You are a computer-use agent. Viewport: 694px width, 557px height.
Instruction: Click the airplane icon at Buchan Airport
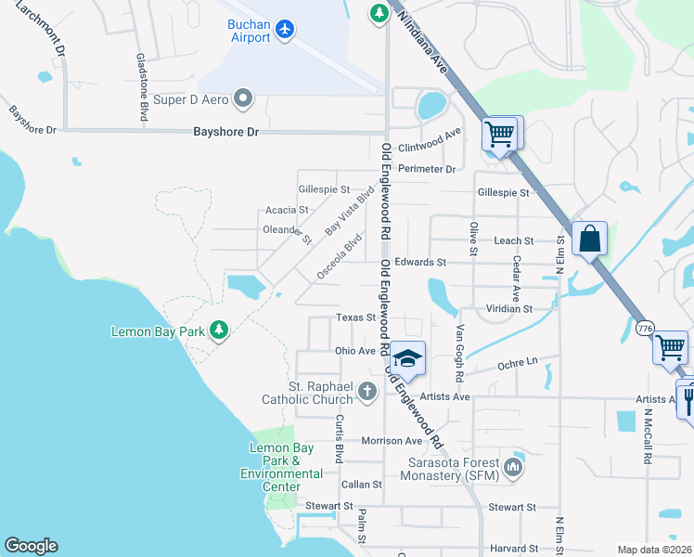pos(285,30)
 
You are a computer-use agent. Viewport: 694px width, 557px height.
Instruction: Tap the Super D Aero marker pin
pos(244,97)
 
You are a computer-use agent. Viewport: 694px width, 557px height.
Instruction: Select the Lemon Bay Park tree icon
pos(218,330)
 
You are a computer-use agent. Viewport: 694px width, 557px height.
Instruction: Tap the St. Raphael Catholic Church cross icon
pos(367,391)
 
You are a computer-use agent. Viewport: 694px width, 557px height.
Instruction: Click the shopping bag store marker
pos(589,239)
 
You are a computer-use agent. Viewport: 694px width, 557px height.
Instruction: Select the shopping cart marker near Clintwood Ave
pos(500,134)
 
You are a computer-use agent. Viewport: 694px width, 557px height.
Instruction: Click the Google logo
pos(31,545)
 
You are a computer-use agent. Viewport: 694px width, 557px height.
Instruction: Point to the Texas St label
pos(354,317)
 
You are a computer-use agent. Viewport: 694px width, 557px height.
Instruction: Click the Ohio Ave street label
pos(354,351)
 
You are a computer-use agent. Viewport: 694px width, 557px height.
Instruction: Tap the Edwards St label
pos(420,263)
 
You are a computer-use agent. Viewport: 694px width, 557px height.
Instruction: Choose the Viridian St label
pos(509,308)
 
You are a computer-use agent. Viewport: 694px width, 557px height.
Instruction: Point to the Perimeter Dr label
pos(427,169)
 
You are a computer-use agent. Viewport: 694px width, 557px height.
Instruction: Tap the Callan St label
pos(362,485)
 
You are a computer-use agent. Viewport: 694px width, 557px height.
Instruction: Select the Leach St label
pos(514,240)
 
